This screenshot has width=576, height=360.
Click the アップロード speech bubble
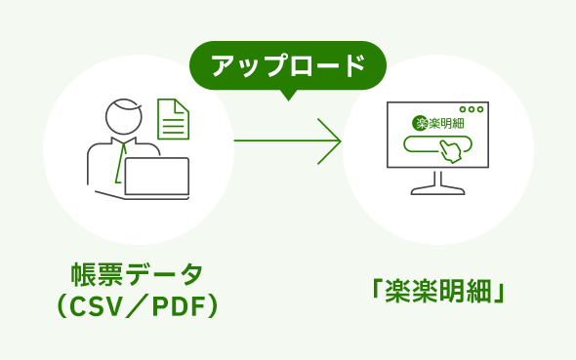[x=287, y=65]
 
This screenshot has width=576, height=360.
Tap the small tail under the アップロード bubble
[x=287, y=95]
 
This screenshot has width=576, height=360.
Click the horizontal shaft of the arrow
[x=278, y=140]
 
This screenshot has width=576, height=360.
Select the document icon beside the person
[x=173, y=119]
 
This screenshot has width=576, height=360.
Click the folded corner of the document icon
[x=183, y=105]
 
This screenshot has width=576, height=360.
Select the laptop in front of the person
[x=156, y=177]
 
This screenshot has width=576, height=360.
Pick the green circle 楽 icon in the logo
[x=420, y=123]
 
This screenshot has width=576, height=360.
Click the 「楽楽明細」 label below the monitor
[x=438, y=291]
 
